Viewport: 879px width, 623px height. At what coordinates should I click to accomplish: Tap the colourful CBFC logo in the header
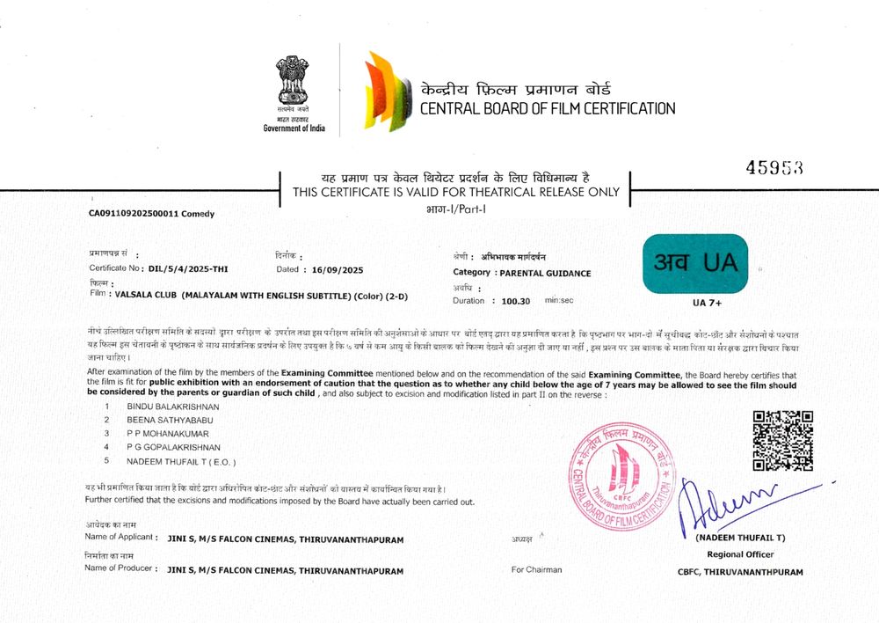pyautogui.click(x=387, y=92)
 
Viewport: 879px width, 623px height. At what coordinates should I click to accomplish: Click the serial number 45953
pyautogui.click(x=774, y=168)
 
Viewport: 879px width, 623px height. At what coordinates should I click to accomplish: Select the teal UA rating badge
pyautogui.click(x=695, y=263)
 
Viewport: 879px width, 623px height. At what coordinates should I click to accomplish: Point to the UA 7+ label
pyautogui.click(x=707, y=304)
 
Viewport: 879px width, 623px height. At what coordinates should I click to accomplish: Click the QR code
pyautogui.click(x=782, y=441)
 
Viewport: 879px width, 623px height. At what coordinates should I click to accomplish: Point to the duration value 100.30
pyautogui.click(x=515, y=301)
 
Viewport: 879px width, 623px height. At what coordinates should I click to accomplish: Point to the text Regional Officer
pyautogui.click(x=740, y=554)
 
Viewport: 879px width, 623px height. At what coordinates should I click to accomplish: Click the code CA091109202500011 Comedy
pyautogui.click(x=151, y=213)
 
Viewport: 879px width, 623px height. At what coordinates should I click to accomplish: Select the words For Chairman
pyautogui.click(x=536, y=570)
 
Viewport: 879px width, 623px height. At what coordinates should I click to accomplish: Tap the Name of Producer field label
pyautogui.click(x=120, y=568)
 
